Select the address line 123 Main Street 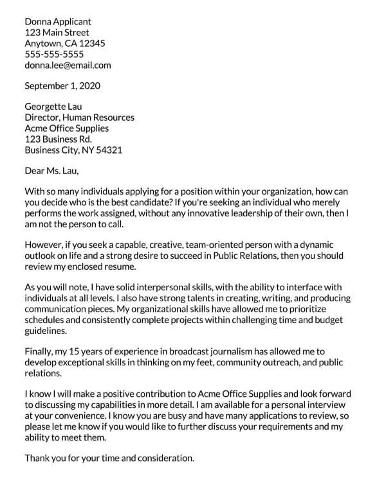[57, 32]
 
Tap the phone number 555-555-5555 [54, 54]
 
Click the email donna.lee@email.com [68, 65]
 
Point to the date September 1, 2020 [62, 85]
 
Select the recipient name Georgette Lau [53, 107]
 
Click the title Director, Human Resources [79, 118]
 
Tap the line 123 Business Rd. [58, 139]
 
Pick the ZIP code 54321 [109, 150]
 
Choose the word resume [116, 267]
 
